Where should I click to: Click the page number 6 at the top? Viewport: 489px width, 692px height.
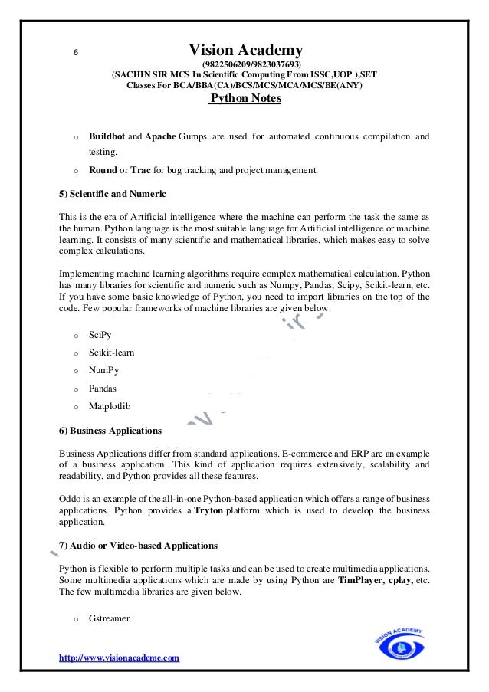pos(75,53)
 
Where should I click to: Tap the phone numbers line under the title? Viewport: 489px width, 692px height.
pos(251,64)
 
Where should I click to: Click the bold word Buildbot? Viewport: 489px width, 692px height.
pos(106,136)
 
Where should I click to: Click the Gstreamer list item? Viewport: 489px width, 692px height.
pos(109,616)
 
